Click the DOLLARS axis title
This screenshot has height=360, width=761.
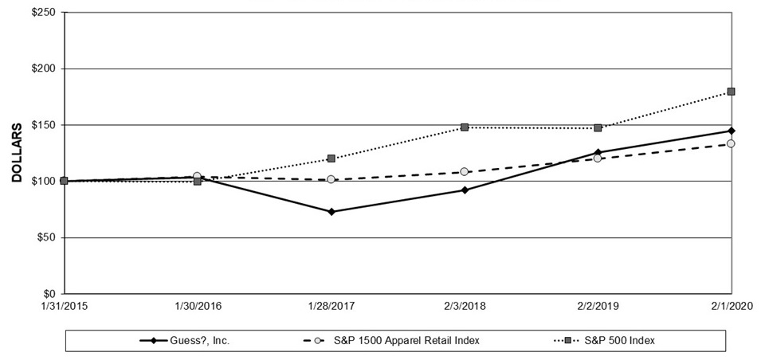[x=16, y=153]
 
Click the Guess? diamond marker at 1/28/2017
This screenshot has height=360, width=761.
[x=331, y=212]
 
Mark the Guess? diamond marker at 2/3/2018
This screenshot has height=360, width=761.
[x=465, y=190]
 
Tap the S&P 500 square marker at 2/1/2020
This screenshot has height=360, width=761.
[x=731, y=92]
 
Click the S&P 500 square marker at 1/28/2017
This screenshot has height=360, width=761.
[x=331, y=158]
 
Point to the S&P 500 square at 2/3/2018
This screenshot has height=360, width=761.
[x=465, y=127]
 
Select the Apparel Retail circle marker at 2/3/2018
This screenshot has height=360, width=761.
[x=465, y=172]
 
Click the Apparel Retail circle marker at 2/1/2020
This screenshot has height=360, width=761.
[x=731, y=144]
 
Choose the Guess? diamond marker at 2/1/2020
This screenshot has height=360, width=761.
[x=731, y=131]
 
